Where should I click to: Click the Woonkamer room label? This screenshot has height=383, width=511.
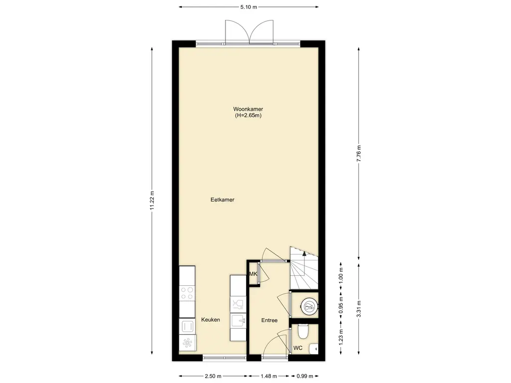point(248,109)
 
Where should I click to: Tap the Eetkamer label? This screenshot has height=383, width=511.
point(222,199)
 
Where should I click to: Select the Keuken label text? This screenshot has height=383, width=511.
point(211,320)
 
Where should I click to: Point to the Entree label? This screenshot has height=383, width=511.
point(269,321)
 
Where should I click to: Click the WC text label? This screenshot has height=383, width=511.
point(298,348)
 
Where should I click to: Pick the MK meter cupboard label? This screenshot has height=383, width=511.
point(253,274)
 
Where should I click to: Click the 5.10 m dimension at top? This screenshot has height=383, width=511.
point(249,7)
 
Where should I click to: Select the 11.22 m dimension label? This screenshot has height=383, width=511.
point(152,200)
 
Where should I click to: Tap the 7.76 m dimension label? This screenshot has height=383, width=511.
point(359,153)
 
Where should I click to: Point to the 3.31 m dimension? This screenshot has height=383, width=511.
point(359,309)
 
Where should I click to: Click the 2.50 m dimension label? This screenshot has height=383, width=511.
point(213,376)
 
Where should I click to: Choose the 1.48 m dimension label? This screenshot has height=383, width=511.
point(268,376)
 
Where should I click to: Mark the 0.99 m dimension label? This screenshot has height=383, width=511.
point(305,376)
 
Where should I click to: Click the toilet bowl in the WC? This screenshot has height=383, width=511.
point(303,332)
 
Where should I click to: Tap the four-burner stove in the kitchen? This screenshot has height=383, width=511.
point(187,292)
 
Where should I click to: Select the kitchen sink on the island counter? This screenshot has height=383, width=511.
point(238,320)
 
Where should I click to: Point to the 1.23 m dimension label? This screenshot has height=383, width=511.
point(341,337)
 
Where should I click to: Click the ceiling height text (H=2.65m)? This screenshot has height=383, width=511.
point(248,115)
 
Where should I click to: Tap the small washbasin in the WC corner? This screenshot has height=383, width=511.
point(314,349)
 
